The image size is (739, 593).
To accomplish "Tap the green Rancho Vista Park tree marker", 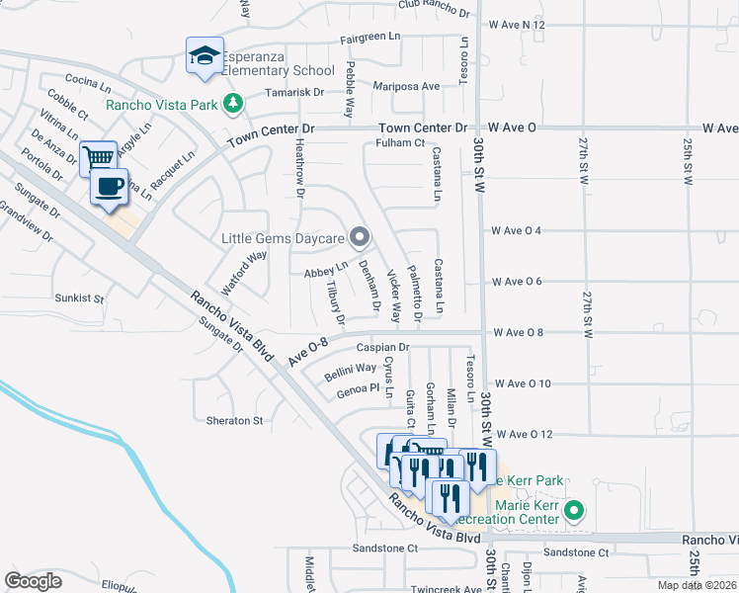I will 232,101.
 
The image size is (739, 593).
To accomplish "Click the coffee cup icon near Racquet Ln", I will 110,186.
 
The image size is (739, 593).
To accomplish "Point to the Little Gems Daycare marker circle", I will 361,237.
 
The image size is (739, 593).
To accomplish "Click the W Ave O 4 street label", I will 517,231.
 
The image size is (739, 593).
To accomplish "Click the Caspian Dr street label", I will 384,348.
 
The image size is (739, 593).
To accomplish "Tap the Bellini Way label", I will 352,369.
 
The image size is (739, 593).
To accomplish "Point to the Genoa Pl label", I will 358,389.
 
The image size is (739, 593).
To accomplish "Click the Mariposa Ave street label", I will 406,87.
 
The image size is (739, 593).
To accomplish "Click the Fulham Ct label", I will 399,143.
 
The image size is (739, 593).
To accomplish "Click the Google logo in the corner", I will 34,580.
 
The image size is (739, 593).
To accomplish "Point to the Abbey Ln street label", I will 328,266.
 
